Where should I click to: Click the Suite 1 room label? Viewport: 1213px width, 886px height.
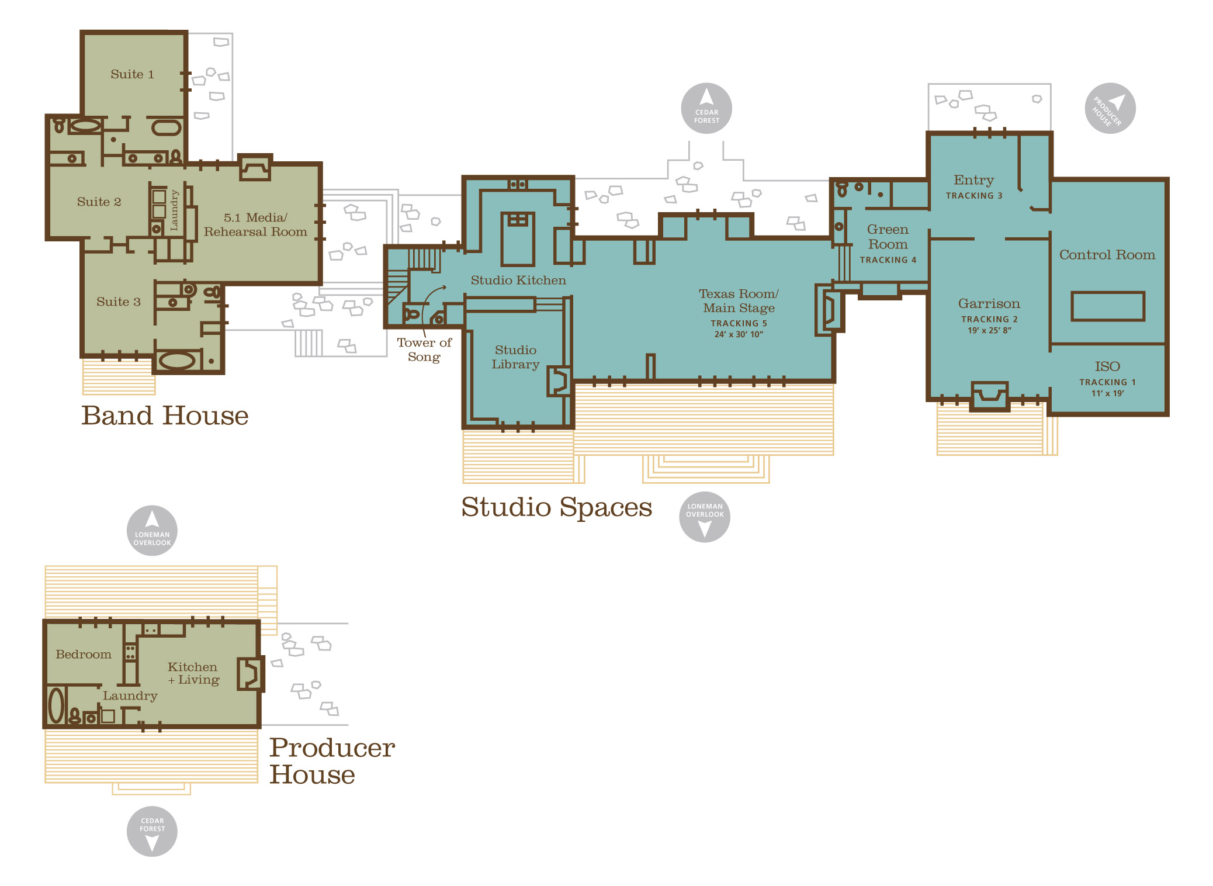(x=132, y=74)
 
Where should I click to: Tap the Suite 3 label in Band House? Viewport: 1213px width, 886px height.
(x=119, y=302)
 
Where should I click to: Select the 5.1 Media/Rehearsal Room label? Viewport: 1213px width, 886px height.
(x=255, y=224)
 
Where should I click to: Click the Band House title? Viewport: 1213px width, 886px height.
(x=165, y=416)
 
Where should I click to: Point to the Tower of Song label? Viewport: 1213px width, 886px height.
(x=424, y=349)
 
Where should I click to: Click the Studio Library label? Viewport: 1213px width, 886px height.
(x=515, y=357)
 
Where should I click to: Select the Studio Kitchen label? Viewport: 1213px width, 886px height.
(x=518, y=280)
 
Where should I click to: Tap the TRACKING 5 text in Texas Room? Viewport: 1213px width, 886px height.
(x=739, y=323)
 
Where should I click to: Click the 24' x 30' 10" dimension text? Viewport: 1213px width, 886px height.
(x=739, y=334)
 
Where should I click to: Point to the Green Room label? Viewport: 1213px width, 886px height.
(x=888, y=237)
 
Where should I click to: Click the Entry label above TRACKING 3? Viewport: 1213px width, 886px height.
(x=973, y=181)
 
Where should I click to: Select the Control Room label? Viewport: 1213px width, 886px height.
(x=1107, y=255)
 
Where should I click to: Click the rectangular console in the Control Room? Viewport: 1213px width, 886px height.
(x=1107, y=306)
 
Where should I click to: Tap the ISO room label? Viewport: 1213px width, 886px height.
(x=1107, y=366)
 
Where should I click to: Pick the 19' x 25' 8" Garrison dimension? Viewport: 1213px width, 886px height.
(x=989, y=330)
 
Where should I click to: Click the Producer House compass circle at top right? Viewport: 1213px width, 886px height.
(x=1110, y=108)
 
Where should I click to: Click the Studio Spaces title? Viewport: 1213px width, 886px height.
(x=556, y=507)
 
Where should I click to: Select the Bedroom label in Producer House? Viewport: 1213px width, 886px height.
(x=84, y=655)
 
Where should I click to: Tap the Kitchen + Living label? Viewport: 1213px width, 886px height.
(x=193, y=673)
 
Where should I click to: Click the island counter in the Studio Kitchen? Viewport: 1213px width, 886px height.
(x=518, y=239)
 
